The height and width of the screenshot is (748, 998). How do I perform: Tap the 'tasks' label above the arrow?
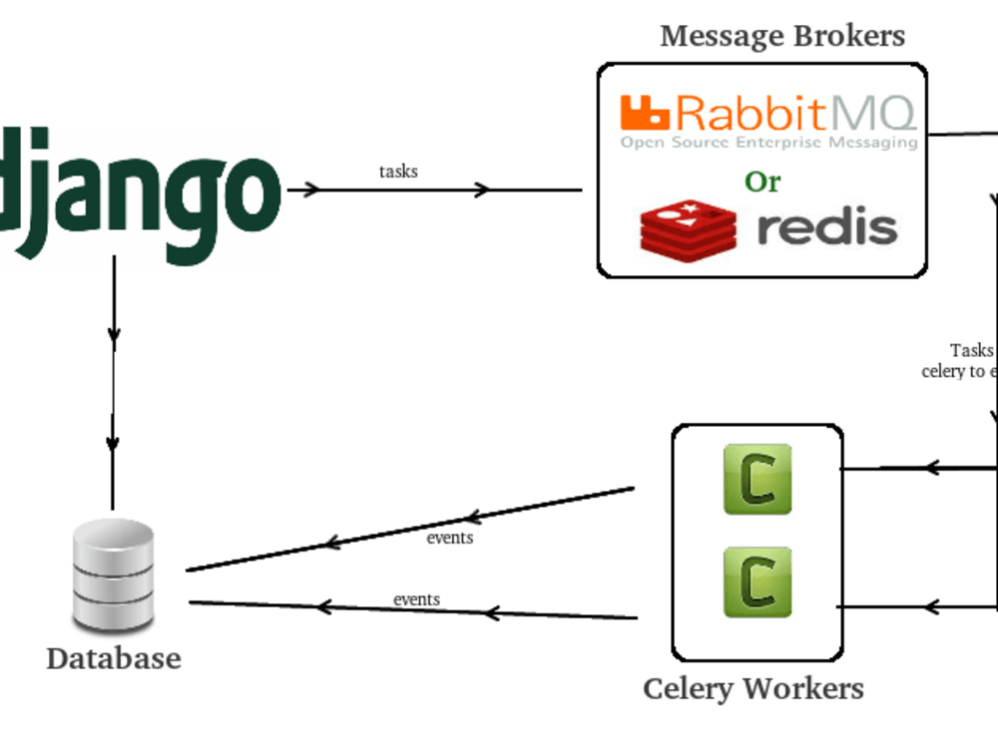[398, 172]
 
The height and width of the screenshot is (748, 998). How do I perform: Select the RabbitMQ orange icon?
[645, 113]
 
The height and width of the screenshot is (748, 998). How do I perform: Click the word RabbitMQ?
[795, 114]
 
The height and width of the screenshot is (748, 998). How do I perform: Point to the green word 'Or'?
[762, 182]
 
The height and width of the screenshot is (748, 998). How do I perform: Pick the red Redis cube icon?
[688, 226]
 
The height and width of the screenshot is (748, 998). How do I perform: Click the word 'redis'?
[827, 227]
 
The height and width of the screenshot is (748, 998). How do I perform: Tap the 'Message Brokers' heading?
[782, 37]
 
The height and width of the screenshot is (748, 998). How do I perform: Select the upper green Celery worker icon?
[757, 480]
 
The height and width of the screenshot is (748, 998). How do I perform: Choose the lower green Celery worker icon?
[757, 581]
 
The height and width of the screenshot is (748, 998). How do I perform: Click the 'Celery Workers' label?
[753, 688]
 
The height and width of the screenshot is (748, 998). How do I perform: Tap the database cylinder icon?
[114, 575]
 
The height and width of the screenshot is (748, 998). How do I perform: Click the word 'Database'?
[114, 658]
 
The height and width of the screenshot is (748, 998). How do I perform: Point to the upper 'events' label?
[450, 538]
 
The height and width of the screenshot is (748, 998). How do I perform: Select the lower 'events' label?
[416, 599]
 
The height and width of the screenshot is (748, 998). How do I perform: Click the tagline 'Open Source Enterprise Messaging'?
[768, 143]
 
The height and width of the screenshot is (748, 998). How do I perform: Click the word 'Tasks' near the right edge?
[971, 350]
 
